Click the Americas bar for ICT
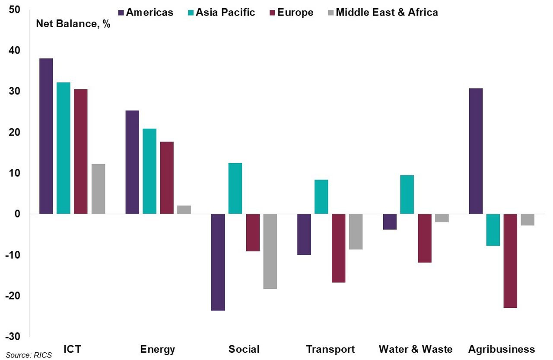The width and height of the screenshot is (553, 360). (46, 136)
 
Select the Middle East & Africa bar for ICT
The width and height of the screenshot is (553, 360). (98, 189)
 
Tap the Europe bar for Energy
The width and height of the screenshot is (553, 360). (167, 177)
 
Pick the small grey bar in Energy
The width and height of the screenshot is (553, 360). (184, 209)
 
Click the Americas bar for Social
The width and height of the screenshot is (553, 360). (218, 262)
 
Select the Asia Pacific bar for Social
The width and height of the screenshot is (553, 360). (235, 188)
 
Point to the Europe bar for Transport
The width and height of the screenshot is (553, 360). (338, 248)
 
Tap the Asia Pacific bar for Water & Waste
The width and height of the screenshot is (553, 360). (407, 194)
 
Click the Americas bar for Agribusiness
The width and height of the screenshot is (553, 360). (476, 151)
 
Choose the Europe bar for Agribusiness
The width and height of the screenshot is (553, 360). (510, 261)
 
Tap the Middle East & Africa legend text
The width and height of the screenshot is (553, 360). (387, 12)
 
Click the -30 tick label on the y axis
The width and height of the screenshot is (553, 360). (13, 336)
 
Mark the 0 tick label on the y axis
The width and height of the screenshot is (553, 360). (17, 214)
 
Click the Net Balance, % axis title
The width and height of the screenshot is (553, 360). (73, 24)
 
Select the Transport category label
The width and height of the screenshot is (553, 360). (330, 349)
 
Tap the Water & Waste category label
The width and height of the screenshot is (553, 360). (416, 349)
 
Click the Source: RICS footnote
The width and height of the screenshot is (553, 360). (29, 355)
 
